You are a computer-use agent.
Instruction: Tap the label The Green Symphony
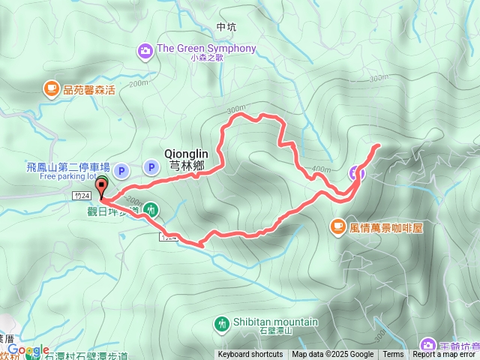(206, 49)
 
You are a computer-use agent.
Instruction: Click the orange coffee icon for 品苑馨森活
(51, 88)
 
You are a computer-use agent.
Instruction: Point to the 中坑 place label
(226, 27)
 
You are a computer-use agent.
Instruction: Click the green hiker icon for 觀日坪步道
(151, 209)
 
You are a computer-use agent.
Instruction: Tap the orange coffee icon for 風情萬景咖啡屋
(338, 226)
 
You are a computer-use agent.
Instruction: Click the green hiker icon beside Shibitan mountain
(221, 324)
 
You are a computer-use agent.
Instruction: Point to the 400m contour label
(320, 168)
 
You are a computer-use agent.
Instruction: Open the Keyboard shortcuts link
(250, 355)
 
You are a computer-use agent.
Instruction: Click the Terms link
(392, 355)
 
